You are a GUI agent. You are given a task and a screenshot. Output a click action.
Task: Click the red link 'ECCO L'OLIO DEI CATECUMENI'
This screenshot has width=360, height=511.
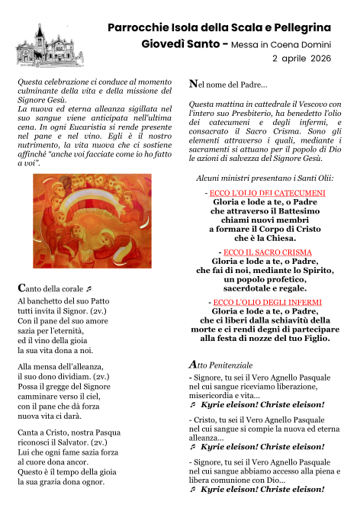pos(267,193)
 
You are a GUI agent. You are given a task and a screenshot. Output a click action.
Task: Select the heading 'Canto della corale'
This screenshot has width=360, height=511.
pos(53,289)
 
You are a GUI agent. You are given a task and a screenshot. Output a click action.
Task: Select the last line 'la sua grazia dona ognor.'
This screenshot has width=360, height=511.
pos(60,482)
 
